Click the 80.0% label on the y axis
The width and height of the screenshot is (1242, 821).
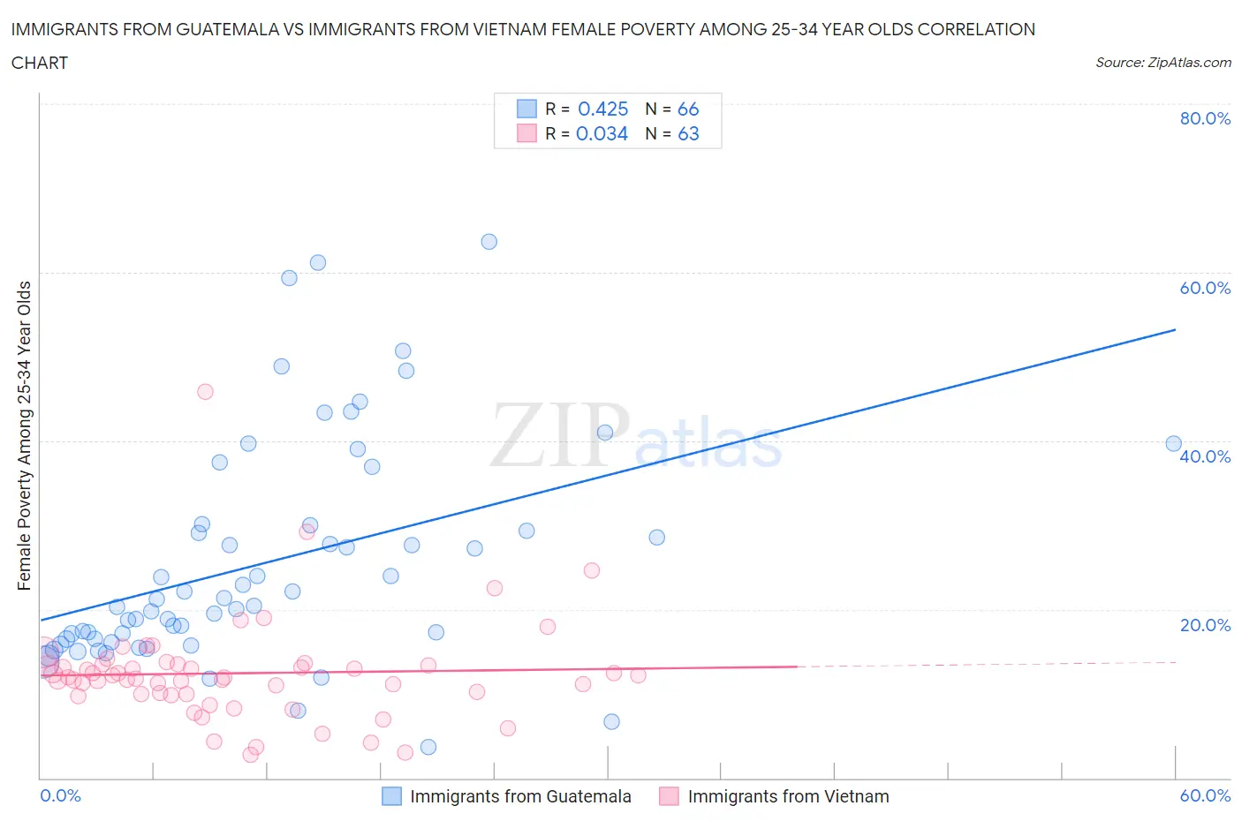(1205, 118)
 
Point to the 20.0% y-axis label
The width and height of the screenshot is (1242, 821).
(1205, 625)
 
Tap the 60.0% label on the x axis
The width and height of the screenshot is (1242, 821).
(1205, 795)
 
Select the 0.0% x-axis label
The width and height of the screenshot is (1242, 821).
(60, 795)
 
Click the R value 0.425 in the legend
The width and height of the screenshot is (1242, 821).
(602, 109)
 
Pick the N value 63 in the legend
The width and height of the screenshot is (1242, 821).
(688, 133)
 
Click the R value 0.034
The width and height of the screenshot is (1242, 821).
(602, 133)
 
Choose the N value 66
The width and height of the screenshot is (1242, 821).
(688, 109)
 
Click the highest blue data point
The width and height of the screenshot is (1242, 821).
(488, 242)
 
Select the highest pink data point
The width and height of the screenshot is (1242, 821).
(205, 392)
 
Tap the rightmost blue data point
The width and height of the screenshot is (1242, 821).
(1173, 444)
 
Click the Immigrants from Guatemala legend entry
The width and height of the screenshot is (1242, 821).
(520, 796)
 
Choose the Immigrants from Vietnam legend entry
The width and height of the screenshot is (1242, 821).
(788, 796)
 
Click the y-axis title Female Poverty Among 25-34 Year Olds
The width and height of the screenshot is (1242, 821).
(24, 435)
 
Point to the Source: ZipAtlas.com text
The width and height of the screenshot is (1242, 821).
(1162, 63)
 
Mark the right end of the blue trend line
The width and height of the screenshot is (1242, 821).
(1175, 329)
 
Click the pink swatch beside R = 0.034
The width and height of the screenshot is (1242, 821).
(526, 133)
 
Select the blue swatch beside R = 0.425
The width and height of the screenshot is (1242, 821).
(526, 109)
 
